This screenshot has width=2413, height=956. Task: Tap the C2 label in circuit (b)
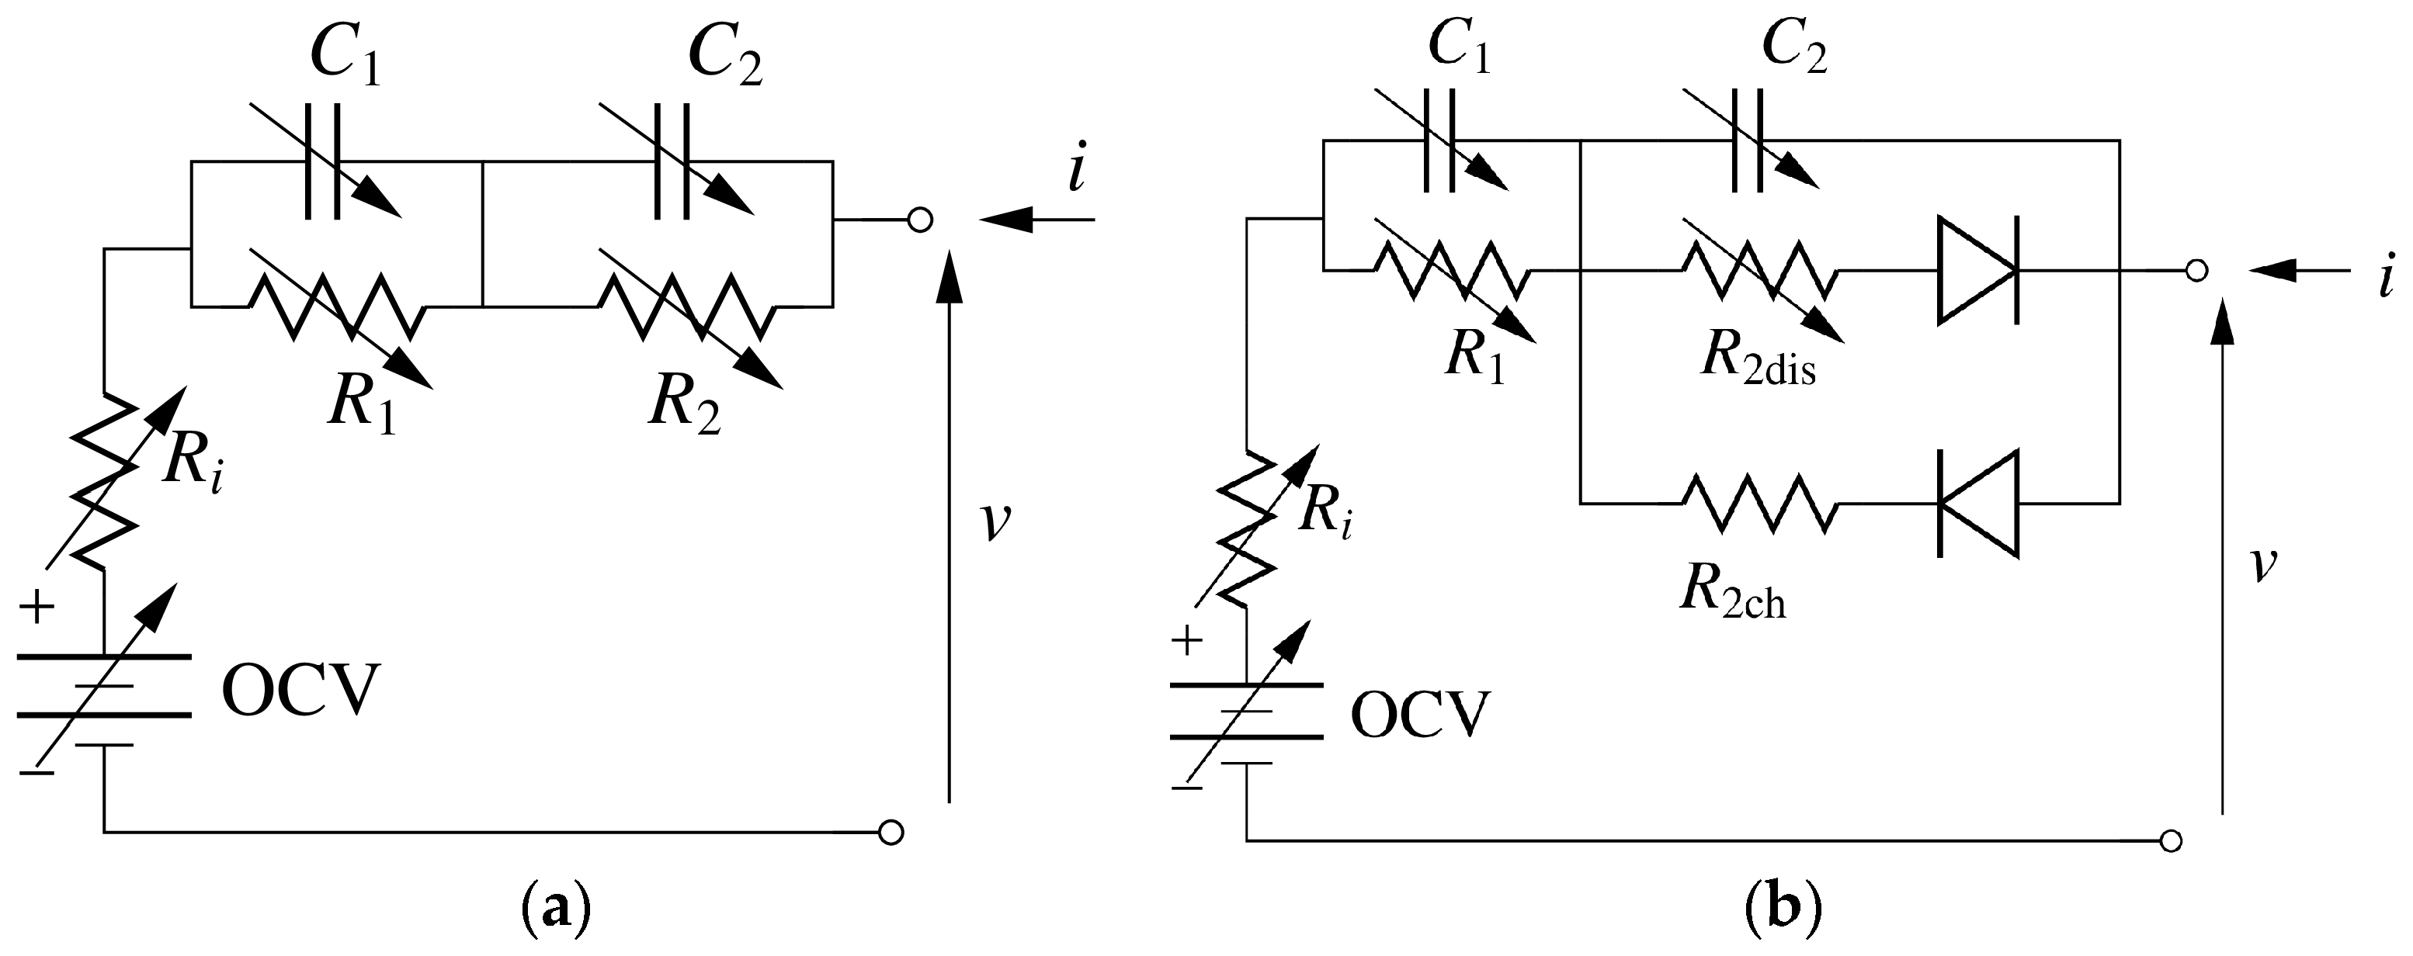point(1793,46)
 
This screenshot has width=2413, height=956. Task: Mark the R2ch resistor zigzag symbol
point(1761,504)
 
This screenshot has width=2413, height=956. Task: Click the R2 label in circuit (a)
point(685,405)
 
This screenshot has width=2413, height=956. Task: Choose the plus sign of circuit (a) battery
point(36,608)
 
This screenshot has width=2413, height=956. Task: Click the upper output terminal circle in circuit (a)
point(921,221)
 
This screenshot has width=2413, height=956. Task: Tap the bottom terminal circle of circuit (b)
point(2171,840)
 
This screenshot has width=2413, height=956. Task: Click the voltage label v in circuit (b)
point(2263,563)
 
